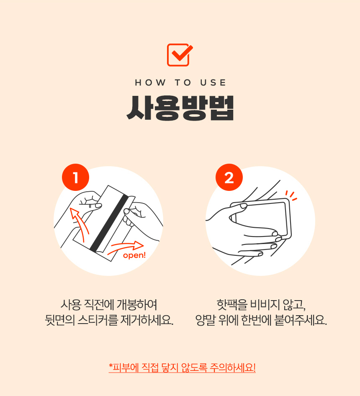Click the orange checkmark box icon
(180, 55)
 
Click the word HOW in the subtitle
(144, 83)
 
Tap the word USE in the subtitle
(213, 83)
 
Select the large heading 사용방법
(180, 108)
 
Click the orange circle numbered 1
(75, 178)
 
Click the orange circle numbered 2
(229, 178)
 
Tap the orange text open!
(134, 255)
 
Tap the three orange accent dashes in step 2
(291, 195)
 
